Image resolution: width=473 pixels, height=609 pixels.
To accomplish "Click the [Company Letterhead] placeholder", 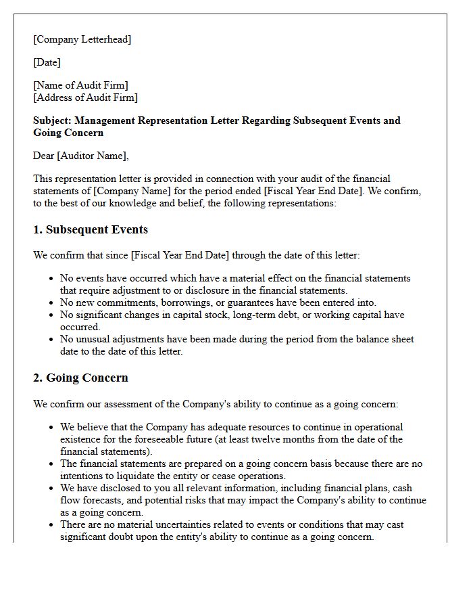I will coord(82,39).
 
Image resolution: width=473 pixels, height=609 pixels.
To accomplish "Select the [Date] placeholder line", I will coord(47,62).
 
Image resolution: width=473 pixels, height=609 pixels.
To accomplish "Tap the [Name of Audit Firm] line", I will coord(80,85).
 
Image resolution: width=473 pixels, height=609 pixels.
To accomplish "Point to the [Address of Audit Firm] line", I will coord(85,97).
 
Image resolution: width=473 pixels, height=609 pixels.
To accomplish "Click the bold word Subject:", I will coord(52,120).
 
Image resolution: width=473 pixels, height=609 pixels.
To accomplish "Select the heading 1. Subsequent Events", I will coord(91,229).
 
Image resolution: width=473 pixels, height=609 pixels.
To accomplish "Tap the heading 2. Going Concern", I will coord(80,378).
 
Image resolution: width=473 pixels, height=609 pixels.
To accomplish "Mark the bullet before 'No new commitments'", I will coord(52,303).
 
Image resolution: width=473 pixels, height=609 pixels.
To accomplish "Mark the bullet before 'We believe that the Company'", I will coord(52,428).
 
